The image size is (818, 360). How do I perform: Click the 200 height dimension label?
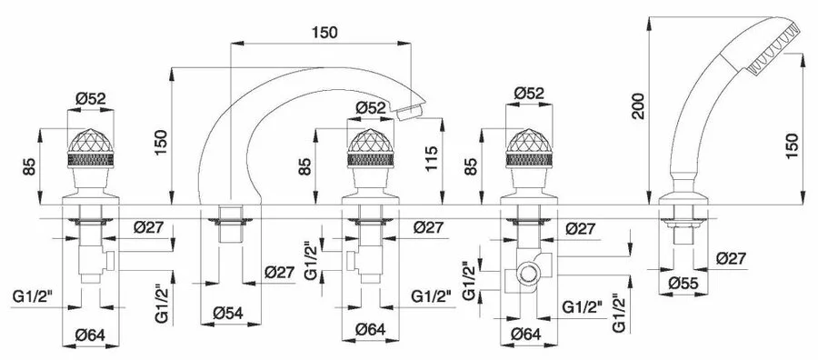pyautogui.click(x=638, y=106)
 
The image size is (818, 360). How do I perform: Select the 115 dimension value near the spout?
pyautogui.click(x=432, y=161)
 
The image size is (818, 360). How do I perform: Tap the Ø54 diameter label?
pyautogui.click(x=228, y=314)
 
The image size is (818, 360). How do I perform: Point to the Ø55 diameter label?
pyautogui.click(x=683, y=284)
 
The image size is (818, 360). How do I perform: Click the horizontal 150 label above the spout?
pyautogui.click(x=324, y=33)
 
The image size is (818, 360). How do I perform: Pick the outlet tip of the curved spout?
pyautogui.click(x=409, y=112)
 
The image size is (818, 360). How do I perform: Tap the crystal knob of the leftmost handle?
pyautogui.click(x=90, y=148)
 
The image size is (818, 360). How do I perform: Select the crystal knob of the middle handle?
pyautogui.click(x=371, y=148)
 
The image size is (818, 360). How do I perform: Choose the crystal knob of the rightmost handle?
pyautogui.click(x=529, y=148)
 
